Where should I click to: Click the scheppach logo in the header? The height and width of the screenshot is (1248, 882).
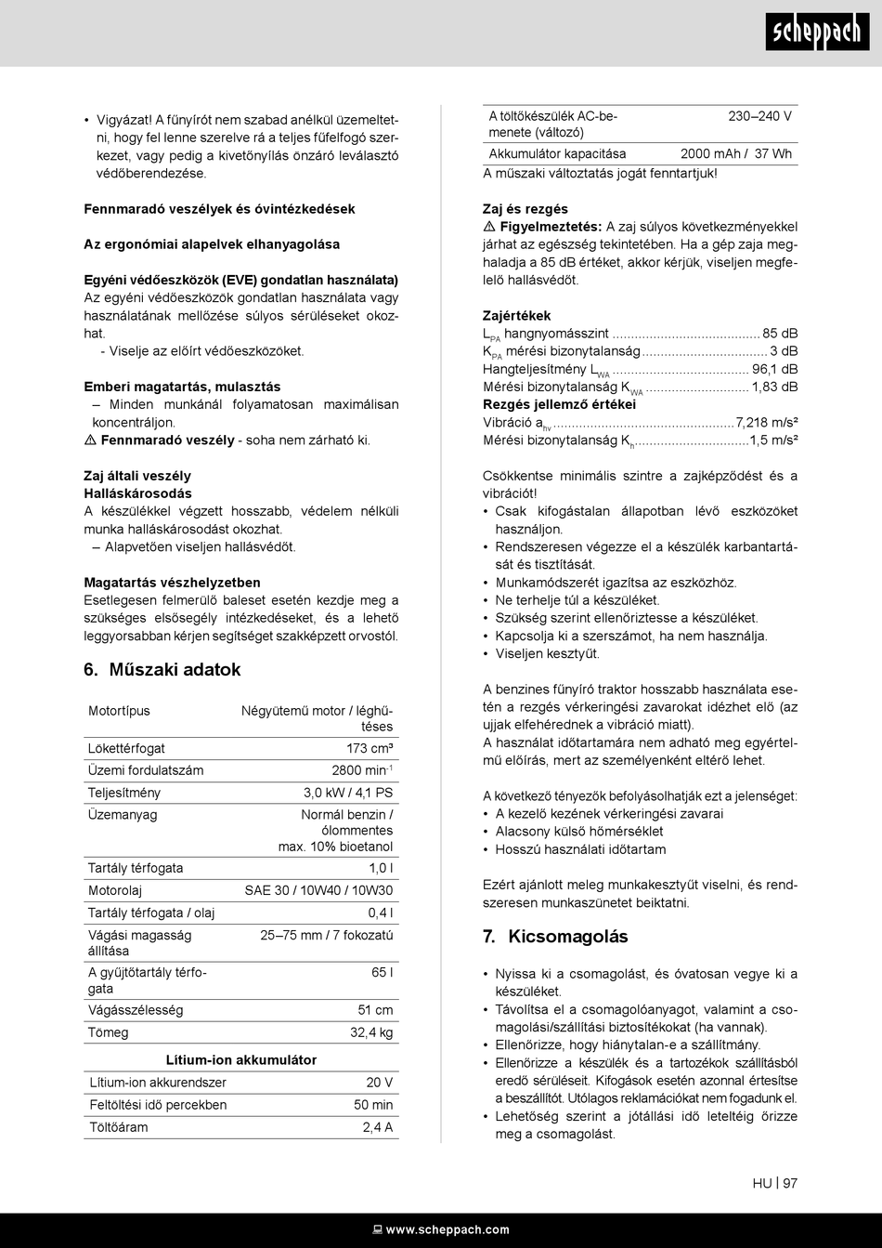[818, 33]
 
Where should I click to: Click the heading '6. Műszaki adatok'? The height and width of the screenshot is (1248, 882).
[162, 670]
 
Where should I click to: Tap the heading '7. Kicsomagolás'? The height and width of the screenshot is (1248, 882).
[555, 937]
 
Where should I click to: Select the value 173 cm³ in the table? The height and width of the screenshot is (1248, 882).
[370, 749]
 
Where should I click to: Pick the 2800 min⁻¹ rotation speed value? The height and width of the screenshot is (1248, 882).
[362, 770]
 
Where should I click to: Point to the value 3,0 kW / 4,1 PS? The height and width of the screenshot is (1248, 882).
[348, 793]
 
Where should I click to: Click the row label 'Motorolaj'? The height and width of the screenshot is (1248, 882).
[115, 890]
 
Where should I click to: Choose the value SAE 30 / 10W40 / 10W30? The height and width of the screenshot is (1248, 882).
[318, 890]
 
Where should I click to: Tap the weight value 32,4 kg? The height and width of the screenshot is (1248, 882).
[371, 1032]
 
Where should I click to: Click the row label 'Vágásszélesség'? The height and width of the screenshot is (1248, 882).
[136, 1010]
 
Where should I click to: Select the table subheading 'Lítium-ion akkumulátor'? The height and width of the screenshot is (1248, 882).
[241, 1060]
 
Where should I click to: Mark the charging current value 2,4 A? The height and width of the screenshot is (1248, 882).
[378, 1127]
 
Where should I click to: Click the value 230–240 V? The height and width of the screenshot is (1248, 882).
[759, 116]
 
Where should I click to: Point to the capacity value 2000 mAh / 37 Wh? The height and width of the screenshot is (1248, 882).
[735, 154]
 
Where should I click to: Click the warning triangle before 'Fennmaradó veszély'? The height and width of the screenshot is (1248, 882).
[90, 440]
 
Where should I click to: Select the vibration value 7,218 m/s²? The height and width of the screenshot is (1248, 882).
[767, 423]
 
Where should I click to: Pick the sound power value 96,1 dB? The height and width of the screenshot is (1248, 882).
[775, 370]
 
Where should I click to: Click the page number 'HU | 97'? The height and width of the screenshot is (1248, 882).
[775, 1184]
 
